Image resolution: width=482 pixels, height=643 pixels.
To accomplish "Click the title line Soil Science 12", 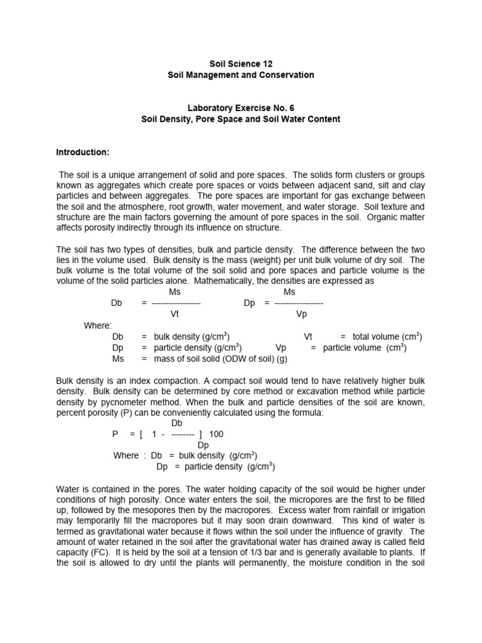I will point(240,63).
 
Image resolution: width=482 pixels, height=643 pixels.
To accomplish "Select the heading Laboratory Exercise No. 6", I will point(240,107).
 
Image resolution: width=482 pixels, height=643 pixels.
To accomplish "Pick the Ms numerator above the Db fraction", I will point(176,292).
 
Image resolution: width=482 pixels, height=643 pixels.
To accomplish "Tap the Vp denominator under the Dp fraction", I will point(301,314).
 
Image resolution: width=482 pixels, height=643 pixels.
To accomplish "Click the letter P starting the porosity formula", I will point(115,434).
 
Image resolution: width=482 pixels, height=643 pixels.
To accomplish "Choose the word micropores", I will point(271,500).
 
